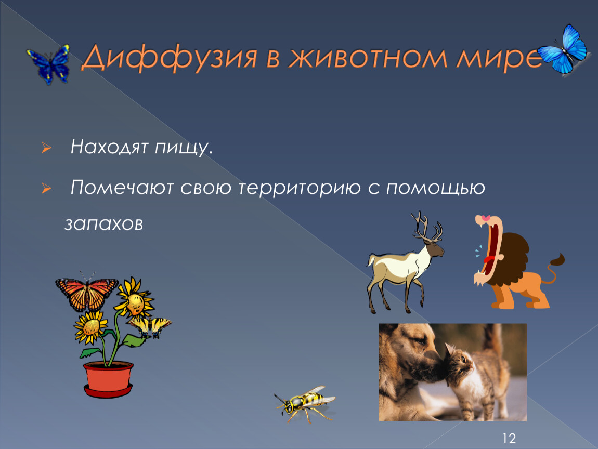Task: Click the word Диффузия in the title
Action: (x=170, y=58)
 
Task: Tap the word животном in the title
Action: (x=368, y=57)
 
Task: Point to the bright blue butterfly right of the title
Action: (x=563, y=49)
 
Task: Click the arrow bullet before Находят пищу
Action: (x=46, y=148)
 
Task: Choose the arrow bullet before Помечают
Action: (x=46, y=188)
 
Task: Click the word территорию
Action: (x=300, y=188)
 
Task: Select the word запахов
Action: (x=103, y=224)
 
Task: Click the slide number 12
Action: (x=509, y=438)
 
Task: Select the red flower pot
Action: (x=108, y=379)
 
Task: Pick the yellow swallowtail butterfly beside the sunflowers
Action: (x=150, y=327)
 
